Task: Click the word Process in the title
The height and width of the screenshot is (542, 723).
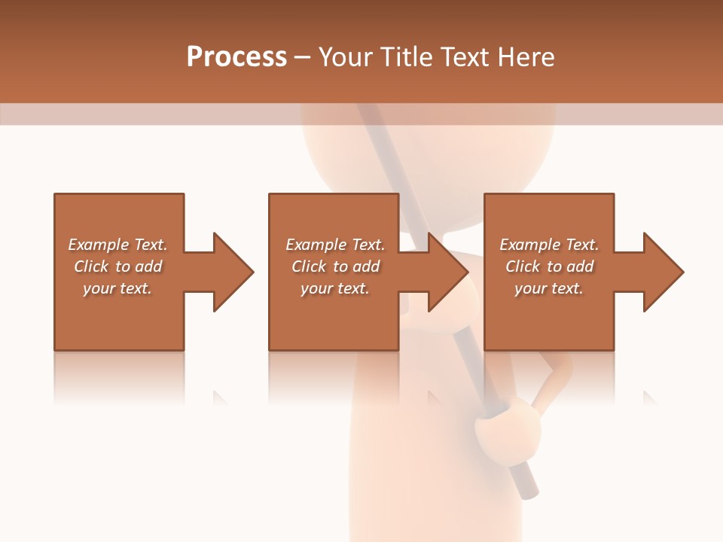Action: pos(236,57)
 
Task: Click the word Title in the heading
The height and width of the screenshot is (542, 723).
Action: pos(405,57)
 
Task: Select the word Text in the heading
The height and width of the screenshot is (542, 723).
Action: pos(465,57)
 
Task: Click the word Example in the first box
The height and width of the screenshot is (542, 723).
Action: pos(98,245)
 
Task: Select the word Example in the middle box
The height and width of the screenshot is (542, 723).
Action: pos(315,245)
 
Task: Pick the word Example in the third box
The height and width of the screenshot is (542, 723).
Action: pos(529,245)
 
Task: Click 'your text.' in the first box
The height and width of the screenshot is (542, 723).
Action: pos(117,288)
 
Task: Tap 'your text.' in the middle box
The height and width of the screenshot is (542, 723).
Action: pos(334,288)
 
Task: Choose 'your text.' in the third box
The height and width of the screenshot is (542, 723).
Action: pos(549,288)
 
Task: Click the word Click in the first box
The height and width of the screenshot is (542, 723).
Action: pos(92,266)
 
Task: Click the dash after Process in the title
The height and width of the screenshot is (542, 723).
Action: pos(303,58)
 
